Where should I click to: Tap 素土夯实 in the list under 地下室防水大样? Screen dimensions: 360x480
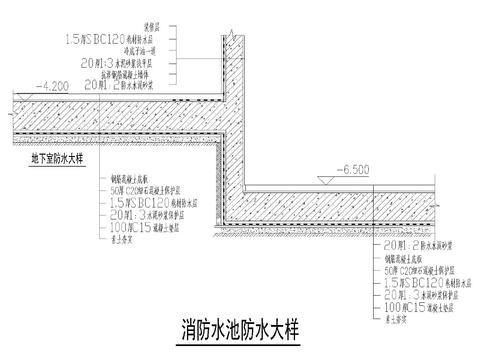tap(125, 238)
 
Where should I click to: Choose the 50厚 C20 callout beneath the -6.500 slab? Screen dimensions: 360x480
tap(412, 270)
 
